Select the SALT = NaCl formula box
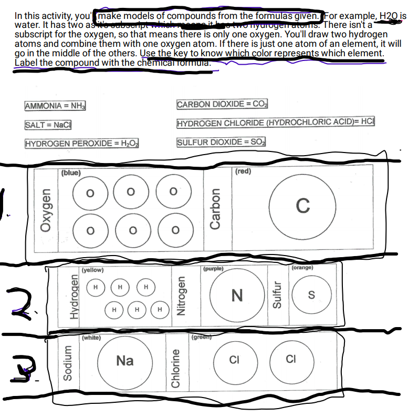(48, 124)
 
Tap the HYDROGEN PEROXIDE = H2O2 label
(82, 144)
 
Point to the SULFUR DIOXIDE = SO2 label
(222, 142)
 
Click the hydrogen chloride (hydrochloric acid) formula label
(276, 123)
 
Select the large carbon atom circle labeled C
(302, 205)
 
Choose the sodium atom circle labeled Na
(125, 361)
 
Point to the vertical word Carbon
(215, 208)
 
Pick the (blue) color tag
(71, 172)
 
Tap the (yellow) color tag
(93, 270)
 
